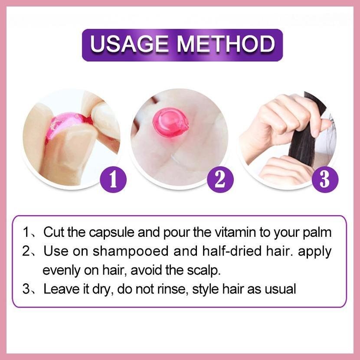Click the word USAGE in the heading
(x=129, y=44)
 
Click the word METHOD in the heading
(x=226, y=44)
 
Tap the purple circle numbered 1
(x=113, y=179)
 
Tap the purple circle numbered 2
(x=220, y=179)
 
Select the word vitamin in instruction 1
(x=235, y=232)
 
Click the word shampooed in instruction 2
(x=131, y=252)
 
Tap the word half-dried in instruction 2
(x=232, y=251)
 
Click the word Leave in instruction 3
(x=62, y=289)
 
